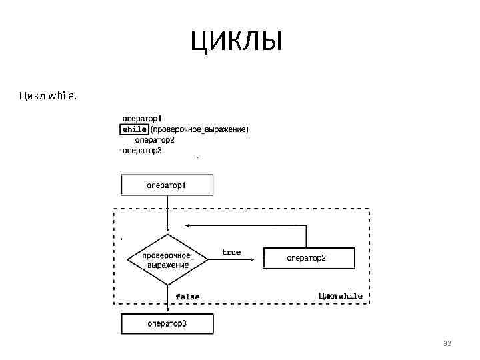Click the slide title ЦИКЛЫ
237,43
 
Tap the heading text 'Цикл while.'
48,97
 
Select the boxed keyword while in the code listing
135,129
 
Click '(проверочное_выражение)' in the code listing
199,129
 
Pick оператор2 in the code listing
155,140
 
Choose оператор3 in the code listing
142,151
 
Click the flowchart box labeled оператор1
167,185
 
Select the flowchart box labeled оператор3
167,324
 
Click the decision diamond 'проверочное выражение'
167,259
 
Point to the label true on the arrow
231,252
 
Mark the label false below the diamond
187,297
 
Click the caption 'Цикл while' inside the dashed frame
341,295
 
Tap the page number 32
447,343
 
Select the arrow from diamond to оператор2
233,259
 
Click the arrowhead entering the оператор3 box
167,310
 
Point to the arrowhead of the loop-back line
190,225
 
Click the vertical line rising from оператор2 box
306,236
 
